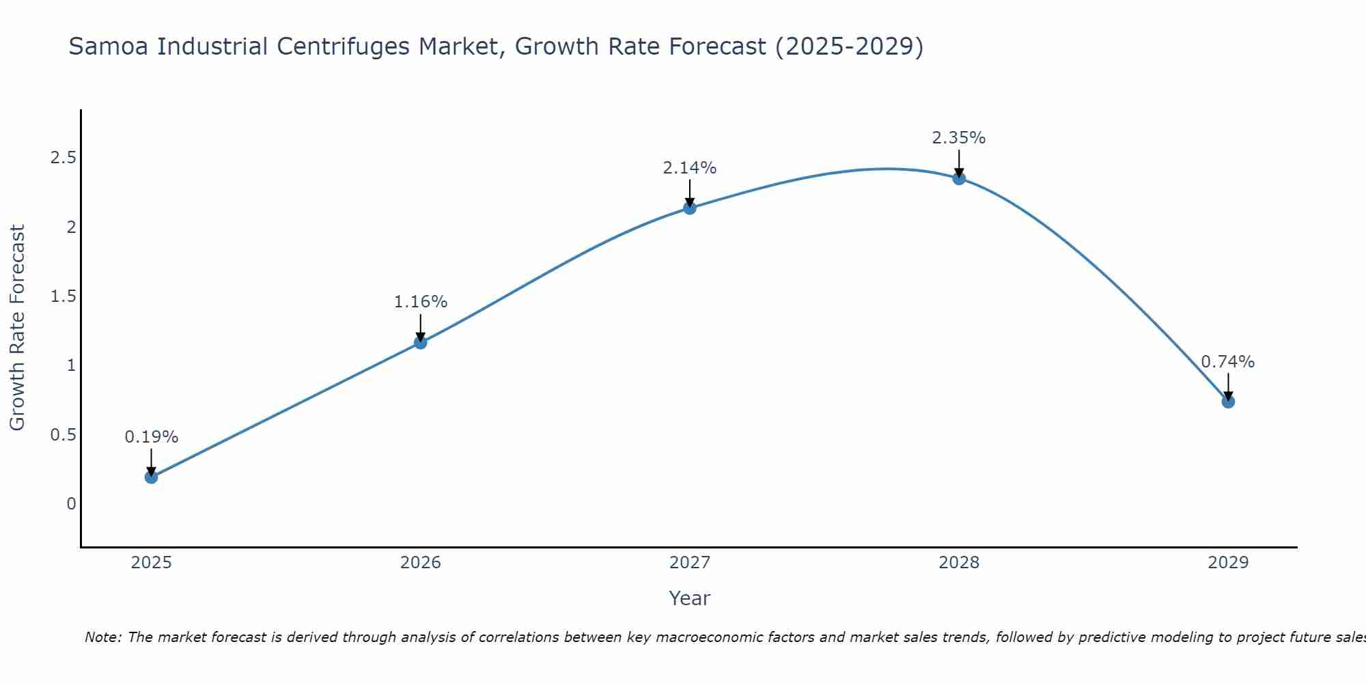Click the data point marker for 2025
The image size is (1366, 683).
(x=152, y=477)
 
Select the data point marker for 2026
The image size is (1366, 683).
(x=421, y=342)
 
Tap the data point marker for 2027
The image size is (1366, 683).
(x=690, y=208)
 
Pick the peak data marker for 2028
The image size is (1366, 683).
(x=959, y=178)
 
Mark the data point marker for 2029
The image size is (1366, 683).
(x=1228, y=402)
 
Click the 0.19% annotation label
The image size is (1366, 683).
(x=152, y=437)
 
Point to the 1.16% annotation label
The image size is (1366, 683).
(x=421, y=302)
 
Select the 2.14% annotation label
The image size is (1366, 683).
(x=690, y=168)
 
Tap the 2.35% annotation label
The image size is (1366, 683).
(x=959, y=138)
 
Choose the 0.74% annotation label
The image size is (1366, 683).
(x=1228, y=362)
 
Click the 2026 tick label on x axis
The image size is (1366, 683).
(x=421, y=563)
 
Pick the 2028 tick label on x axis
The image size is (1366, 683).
(x=959, y=563)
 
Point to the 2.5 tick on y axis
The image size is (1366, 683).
(x=63, y=158)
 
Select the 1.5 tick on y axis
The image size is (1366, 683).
(x=63, y=296)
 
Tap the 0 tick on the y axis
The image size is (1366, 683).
(x=71, y=504)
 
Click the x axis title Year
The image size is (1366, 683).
(x=690, y=598)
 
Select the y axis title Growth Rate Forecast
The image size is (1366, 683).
(x=18, y=328)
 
